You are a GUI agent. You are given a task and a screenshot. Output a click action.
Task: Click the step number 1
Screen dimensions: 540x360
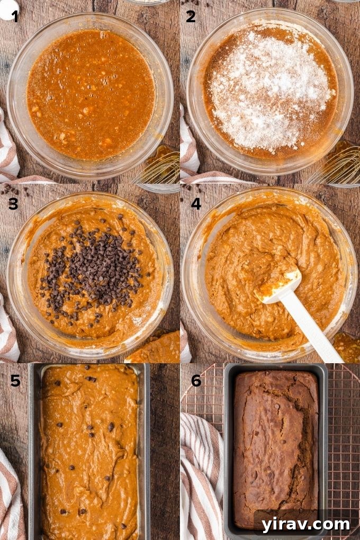[15, 16]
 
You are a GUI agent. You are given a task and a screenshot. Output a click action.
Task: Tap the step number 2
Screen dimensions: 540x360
[191, 16]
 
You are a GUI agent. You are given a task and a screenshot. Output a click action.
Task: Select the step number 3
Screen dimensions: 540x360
[13, 203]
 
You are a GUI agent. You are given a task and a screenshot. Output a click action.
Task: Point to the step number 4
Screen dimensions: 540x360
[196, 203]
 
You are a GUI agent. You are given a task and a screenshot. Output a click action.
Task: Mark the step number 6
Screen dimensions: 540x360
[196, 380]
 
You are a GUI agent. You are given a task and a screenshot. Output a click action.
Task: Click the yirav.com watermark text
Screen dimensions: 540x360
[305, 524]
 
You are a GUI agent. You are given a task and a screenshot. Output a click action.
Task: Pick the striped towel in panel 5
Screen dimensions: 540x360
[12, 492]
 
